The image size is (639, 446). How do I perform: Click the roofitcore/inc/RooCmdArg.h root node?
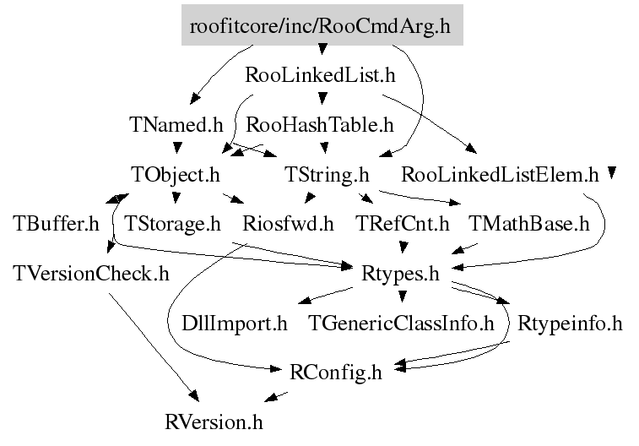point(322,24)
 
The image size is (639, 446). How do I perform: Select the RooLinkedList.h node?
point(320,75)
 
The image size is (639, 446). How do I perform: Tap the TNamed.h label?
point(176,124)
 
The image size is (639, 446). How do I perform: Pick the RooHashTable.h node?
point(320,125)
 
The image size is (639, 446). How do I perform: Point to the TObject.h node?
point(176,175)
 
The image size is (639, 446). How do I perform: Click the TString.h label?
point(327,175)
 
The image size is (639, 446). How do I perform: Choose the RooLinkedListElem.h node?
point(500,175)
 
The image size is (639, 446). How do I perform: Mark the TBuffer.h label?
point(56,224)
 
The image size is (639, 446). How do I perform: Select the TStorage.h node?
point(172,224)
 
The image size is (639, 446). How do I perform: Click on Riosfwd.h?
point(288,224)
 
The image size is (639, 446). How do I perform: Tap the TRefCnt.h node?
point(403,224)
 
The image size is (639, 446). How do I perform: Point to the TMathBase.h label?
point(529,224)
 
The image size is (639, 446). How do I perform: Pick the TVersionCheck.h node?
point(91,274)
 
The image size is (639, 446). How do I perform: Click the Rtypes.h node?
point(401,274)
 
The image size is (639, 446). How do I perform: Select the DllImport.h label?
point(235,324)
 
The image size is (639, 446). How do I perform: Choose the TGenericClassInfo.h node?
point(401,324)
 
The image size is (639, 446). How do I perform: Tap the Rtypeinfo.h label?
point(570,324)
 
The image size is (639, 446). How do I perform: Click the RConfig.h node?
point(336,373)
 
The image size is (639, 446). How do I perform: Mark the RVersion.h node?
point(214,422)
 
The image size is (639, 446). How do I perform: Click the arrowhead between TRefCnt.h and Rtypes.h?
point(403,247)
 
